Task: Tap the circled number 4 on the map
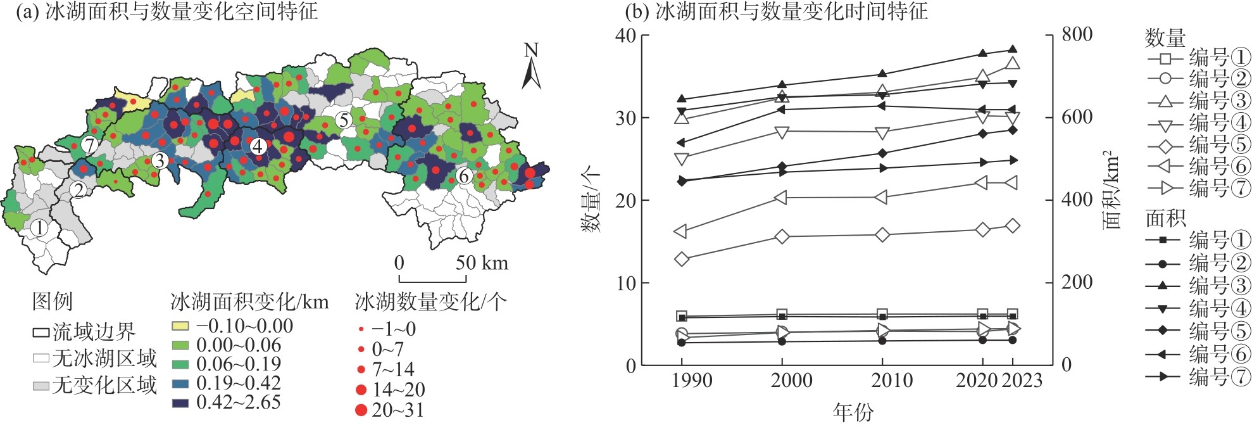click(x=257, y=146)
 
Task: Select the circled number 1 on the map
click(x=39, y=228)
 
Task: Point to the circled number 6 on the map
click(x=464, y=175)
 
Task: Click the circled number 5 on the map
click(x=343, y=120)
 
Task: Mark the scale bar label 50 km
click(x=482, y=263)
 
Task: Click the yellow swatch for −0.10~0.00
click(x=180, y=326)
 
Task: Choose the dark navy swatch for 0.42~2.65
click(x=180, y=402)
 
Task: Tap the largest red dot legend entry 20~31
click(x=361, y=410)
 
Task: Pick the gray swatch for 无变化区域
click(x=41, y=385)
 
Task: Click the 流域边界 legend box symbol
click(x=41, y=332)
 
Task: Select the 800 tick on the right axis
click(x=1077, y=35)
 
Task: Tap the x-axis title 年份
click(x=853, y=412)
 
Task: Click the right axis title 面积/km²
click(x=1112, y=190)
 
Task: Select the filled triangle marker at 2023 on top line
click(x=1012, y=49)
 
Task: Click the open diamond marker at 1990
click(x=682, y=259)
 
